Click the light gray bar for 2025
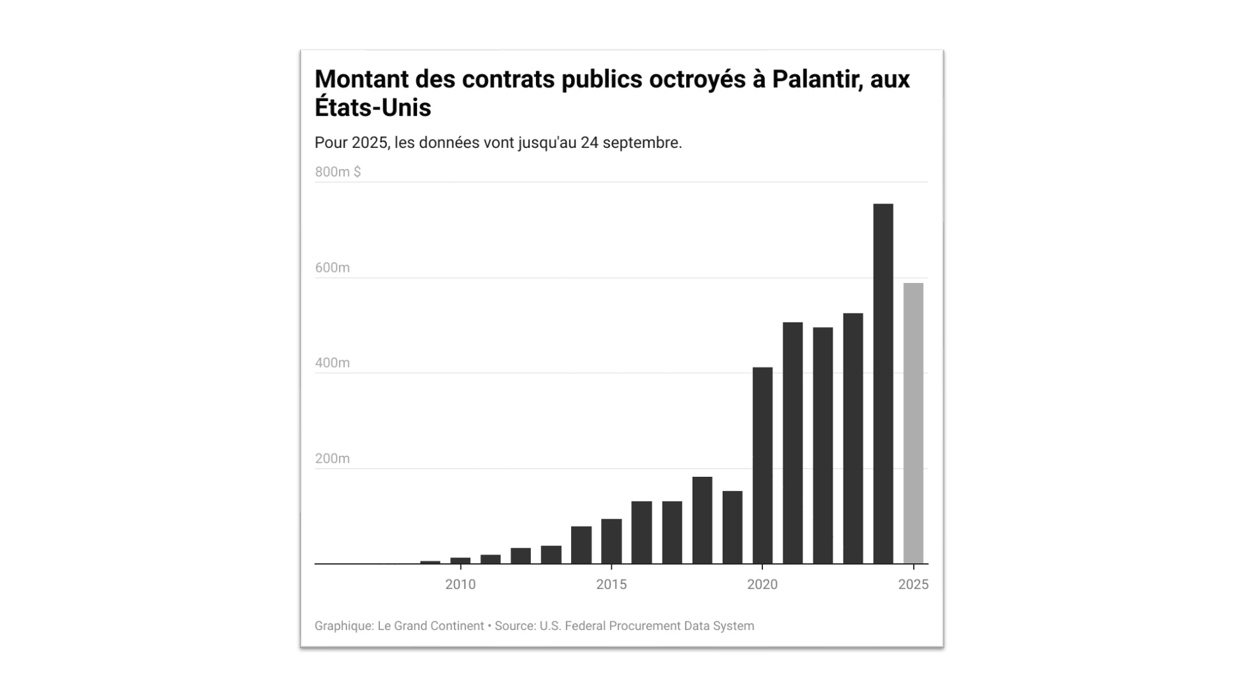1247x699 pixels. point(913,423)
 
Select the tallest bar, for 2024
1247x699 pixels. point(882,383)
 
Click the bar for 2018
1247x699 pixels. point(702,520)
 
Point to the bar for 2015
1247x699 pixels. point(611,541)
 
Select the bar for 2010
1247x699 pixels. point(460,561)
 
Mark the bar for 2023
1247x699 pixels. point(852,438)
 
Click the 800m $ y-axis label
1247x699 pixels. point(338,172)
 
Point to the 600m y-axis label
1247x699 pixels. point(332,268)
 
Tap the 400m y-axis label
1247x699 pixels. point(332,363)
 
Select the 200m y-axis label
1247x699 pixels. point(332,458)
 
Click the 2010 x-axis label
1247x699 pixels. point(460,584)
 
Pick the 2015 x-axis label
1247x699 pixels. point(611,584)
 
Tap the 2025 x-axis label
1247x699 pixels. point(913,584)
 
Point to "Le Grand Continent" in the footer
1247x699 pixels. point(430,626)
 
